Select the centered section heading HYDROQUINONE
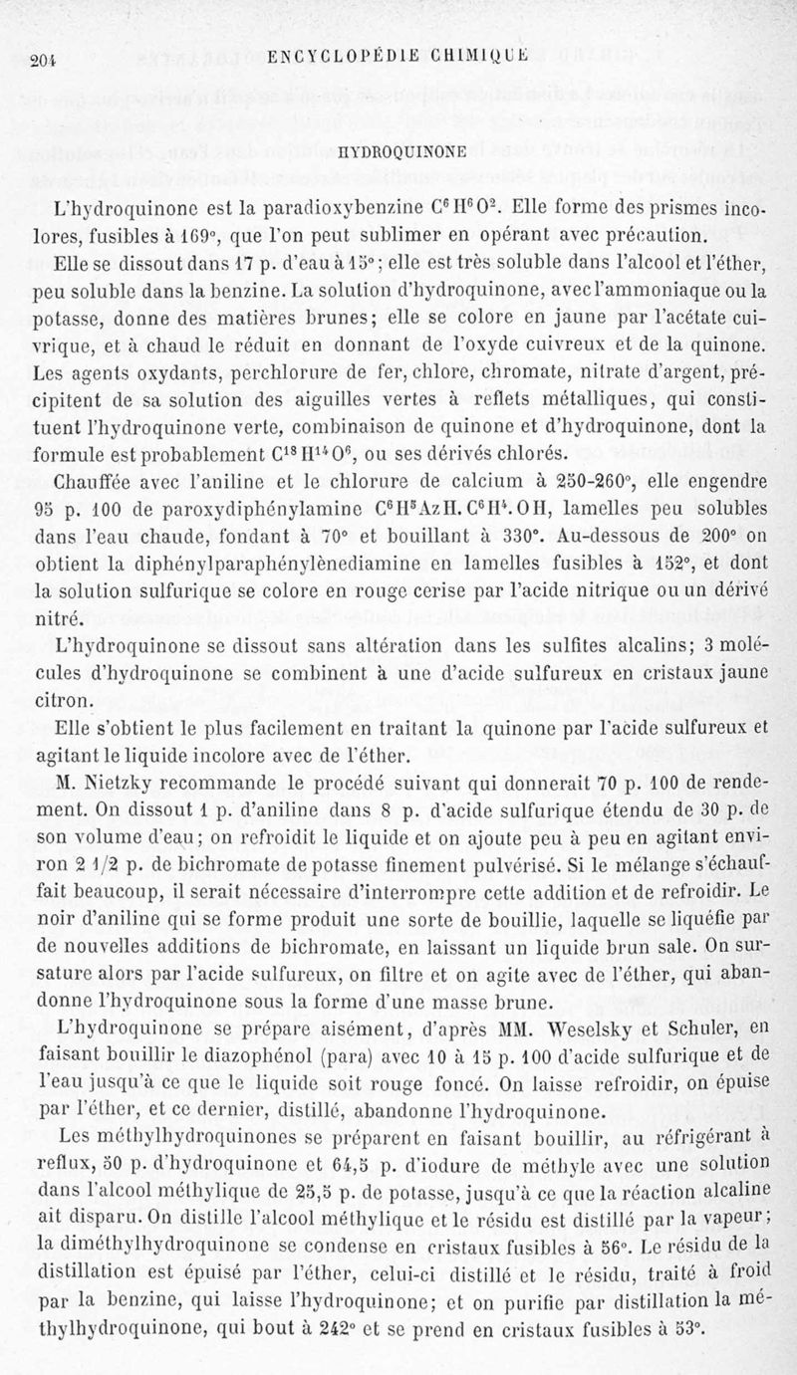tap(398, 151)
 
